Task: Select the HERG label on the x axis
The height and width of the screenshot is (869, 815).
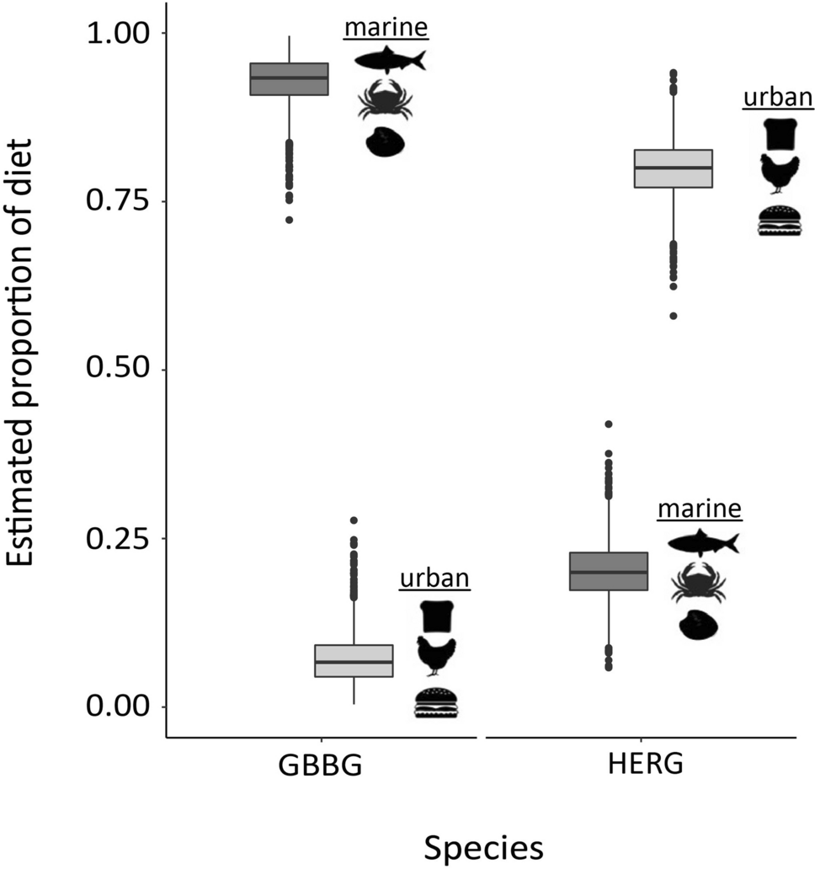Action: [x=641, y=768]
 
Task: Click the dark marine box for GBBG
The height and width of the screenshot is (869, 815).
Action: [x=290, y=79]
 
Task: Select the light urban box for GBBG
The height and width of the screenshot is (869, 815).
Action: [x=354, y=661]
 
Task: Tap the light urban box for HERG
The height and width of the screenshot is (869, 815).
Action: [x=674, y=168]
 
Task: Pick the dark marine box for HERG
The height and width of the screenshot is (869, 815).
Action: [x=609, y=572]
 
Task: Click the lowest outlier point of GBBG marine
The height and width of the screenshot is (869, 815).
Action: [x=290, y=220]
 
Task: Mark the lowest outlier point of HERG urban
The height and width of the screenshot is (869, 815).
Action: [x=674, y=316]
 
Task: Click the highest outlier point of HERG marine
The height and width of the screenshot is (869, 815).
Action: [x=609, y=424]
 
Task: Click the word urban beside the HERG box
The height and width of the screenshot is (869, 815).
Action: [x=778, y=98]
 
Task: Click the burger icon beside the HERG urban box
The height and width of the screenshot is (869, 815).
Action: [x=779, y=221]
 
